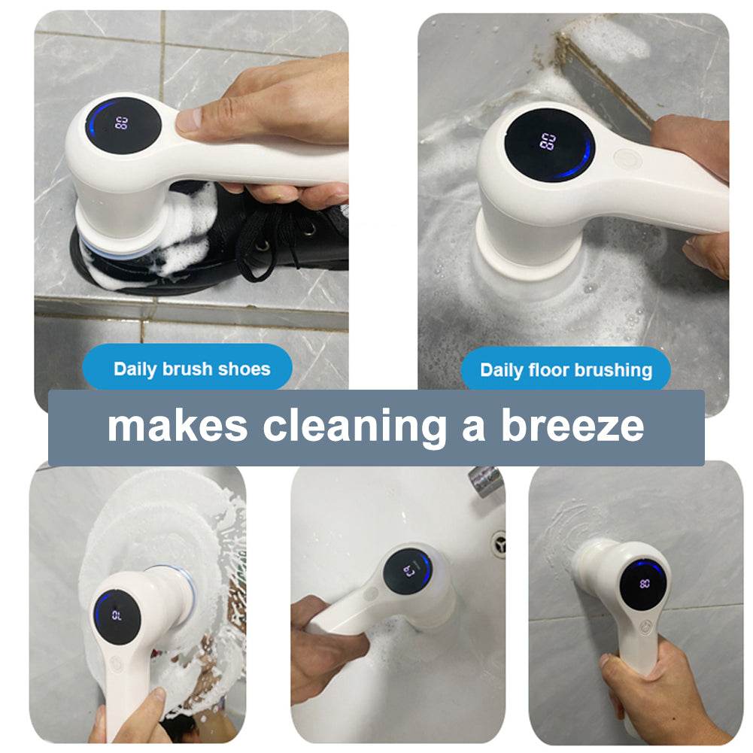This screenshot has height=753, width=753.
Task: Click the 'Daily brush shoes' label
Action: [x=192, y=369]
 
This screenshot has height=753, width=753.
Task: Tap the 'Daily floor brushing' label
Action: [x=566, y=369]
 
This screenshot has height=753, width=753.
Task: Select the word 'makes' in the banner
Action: [x=178, y=426]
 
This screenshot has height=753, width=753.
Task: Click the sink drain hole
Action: [x=499, y=540]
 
